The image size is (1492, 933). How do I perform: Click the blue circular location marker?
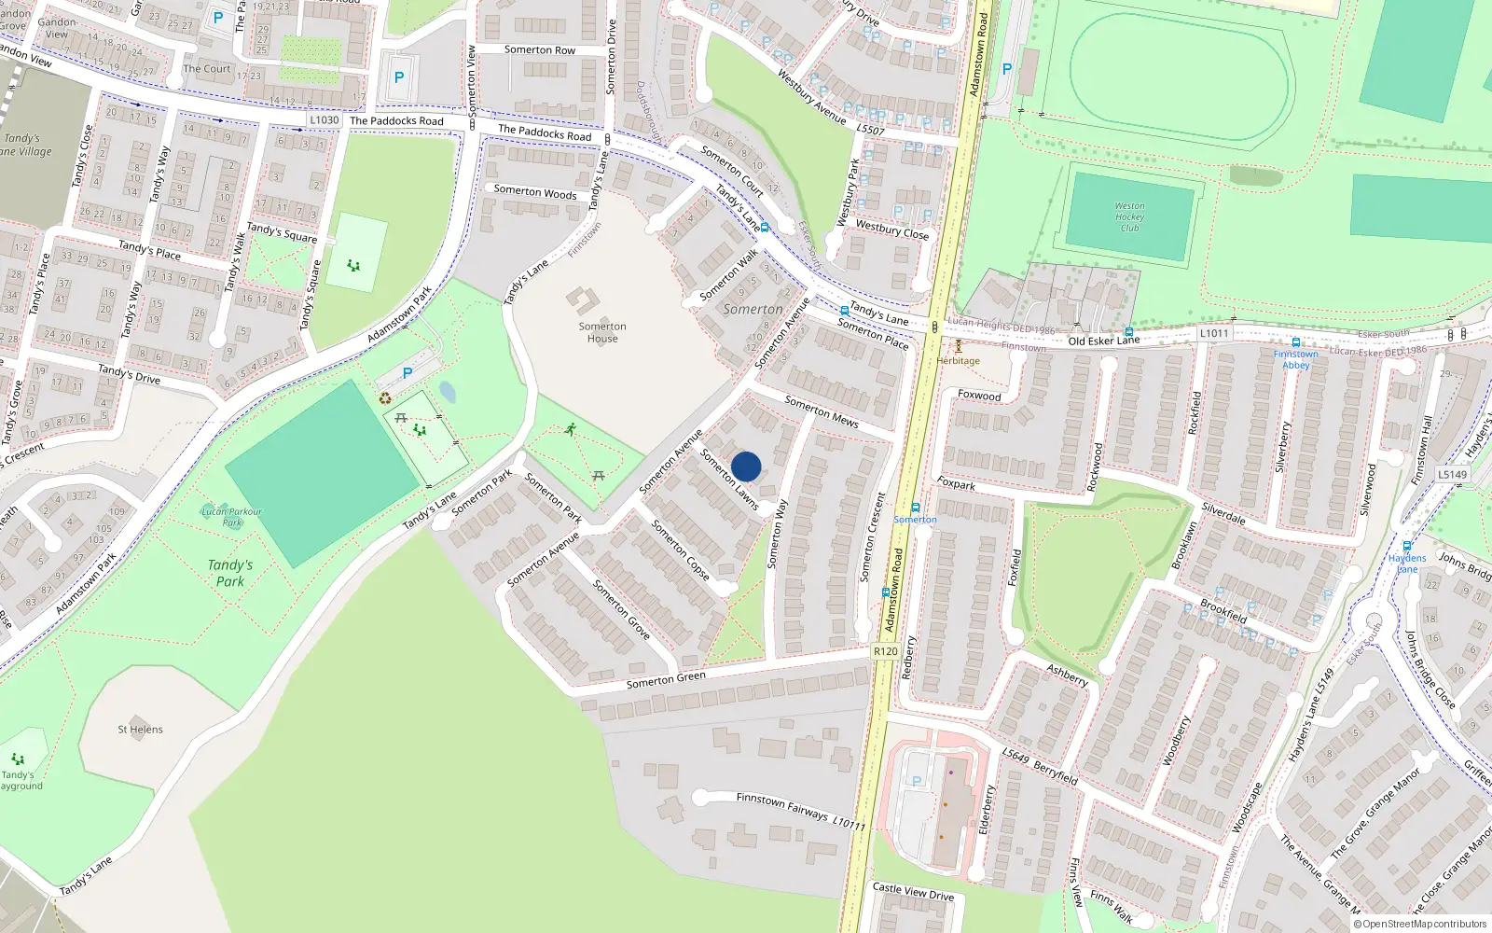[746, 466]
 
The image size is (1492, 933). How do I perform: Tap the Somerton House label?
[602, 332]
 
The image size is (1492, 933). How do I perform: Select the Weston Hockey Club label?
[1129, 216]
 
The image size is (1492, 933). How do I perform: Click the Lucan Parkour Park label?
[232, 517]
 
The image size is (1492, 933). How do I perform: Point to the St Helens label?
[140, 730]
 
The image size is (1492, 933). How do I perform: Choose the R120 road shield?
[885, 651]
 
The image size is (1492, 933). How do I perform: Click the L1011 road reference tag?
[1214, 333]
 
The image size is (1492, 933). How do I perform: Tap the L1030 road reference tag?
[325, 120]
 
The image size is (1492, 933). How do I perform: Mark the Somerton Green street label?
[666, 680]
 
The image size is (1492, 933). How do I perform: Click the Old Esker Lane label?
[1104, 341]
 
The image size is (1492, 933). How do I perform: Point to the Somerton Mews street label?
[822, 411]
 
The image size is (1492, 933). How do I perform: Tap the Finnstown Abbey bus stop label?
[1295, 359]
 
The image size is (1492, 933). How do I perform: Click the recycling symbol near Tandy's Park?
[385, 398]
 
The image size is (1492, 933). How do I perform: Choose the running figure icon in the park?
[570, 430]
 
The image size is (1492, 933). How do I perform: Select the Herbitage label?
[959, 361]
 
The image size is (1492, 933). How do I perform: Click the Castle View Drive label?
[913, 892]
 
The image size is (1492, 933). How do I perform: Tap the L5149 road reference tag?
[1452, 475]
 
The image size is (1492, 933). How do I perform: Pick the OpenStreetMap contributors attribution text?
[1420, 925]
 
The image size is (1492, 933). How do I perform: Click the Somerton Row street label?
[540, 50]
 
